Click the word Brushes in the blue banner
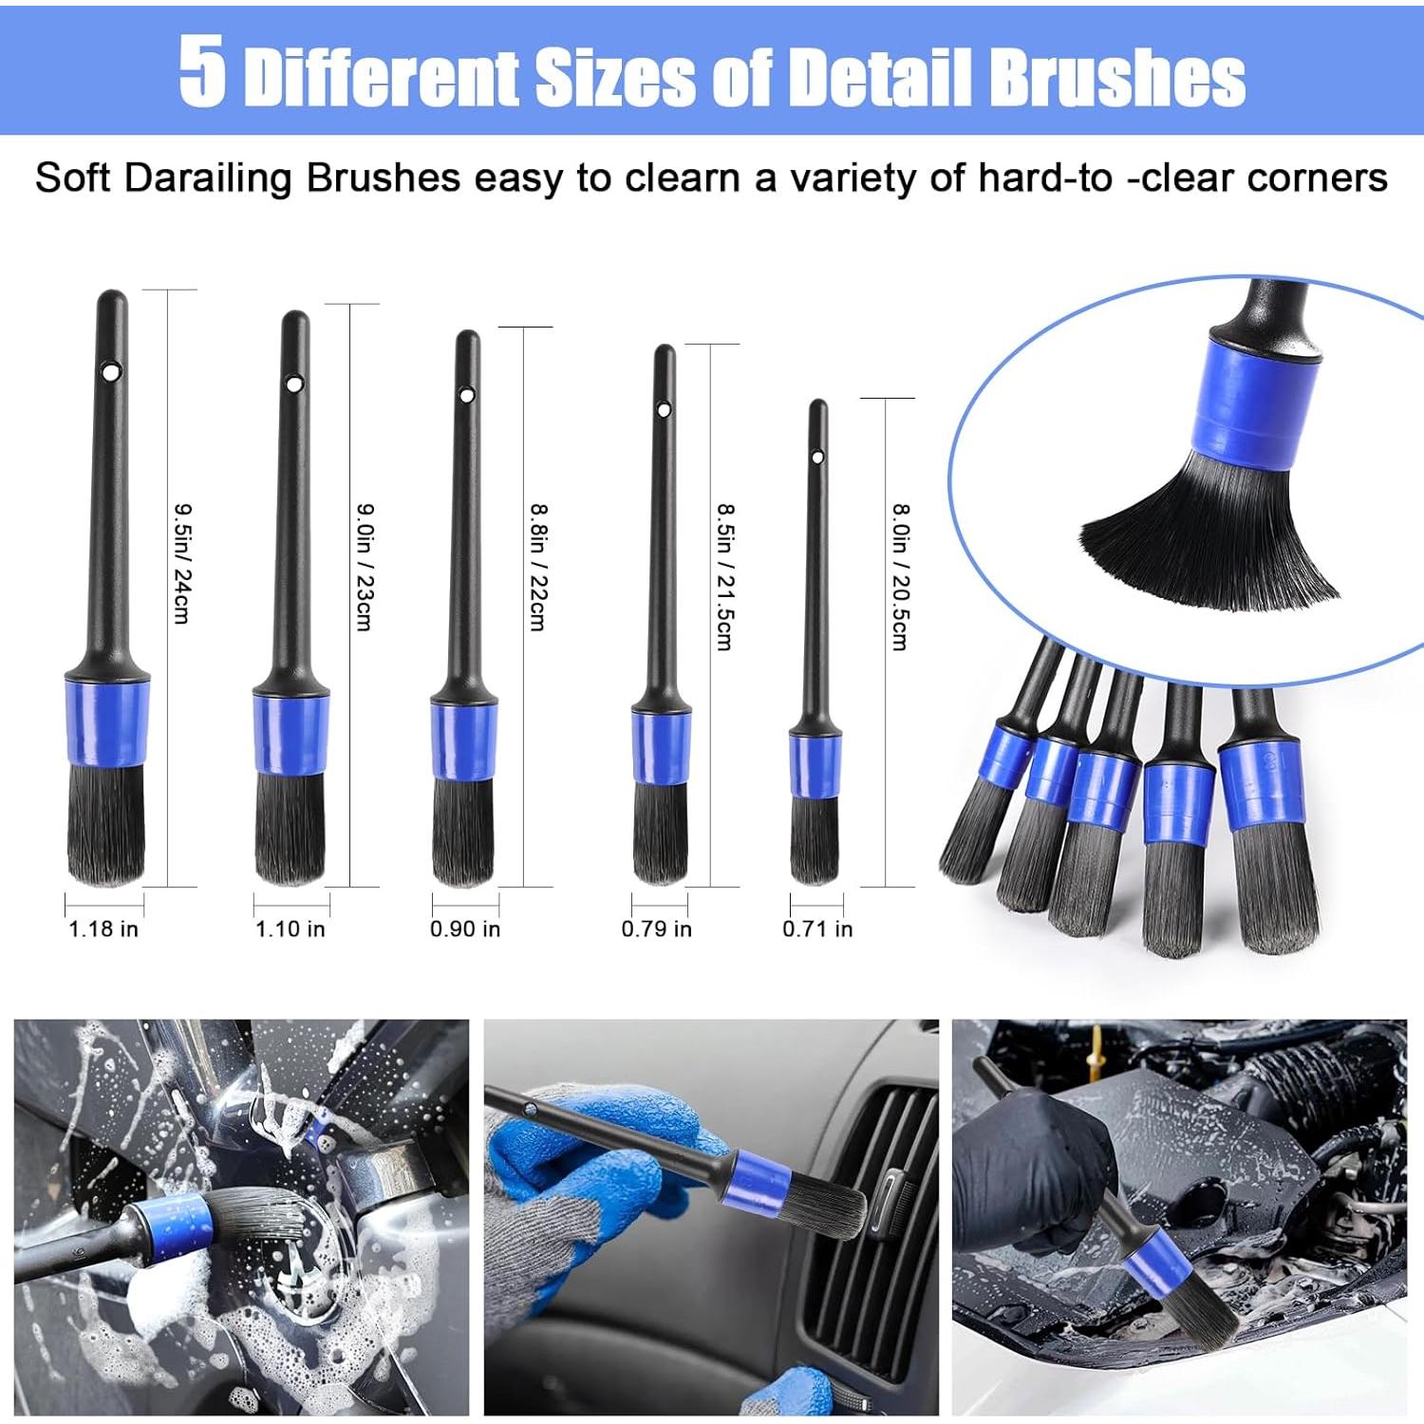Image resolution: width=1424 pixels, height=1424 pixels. (1116, 76)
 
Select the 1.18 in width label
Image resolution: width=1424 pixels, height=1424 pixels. (103, 928)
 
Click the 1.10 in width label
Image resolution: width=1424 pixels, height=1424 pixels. (290, 928)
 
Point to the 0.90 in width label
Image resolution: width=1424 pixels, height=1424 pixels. (465, 928)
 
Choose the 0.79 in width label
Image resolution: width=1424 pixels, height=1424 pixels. (657, 928)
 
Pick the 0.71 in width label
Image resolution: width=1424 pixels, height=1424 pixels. (817, 928)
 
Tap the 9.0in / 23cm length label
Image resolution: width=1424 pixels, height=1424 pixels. (365, 566)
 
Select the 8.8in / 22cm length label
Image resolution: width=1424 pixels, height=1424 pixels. (537, 567)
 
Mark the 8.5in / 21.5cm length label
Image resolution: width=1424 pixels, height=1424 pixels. (724, 576)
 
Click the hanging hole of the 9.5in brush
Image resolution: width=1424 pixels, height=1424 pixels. (112, 369)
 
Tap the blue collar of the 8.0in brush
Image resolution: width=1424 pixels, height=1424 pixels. (815, 765)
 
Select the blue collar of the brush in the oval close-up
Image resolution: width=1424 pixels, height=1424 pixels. (1249, 406)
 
